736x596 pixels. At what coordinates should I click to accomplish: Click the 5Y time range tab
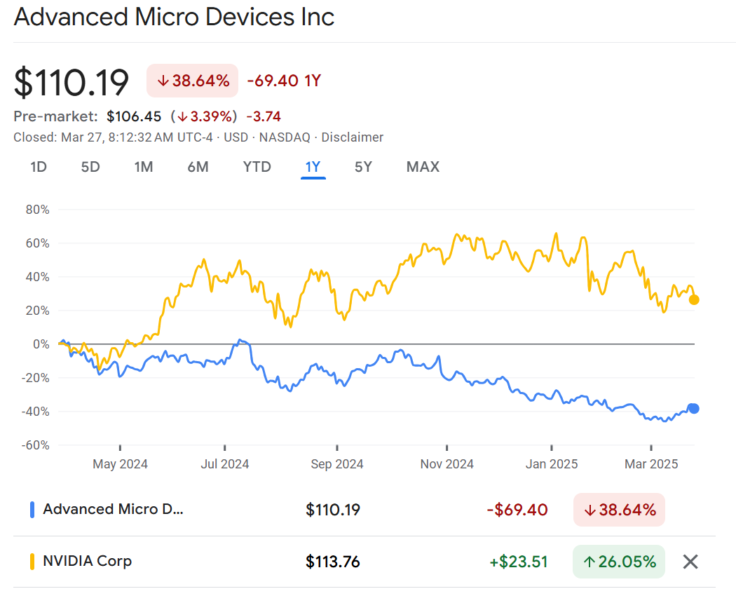click(362, 167)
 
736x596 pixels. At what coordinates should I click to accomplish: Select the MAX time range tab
click(423, 167)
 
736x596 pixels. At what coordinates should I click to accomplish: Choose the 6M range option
click(198, 167)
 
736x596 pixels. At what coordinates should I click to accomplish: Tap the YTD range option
click(257, 167)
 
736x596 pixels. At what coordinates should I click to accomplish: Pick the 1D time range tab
click(39, 167)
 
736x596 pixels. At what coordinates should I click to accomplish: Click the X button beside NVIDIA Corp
click(690, 561)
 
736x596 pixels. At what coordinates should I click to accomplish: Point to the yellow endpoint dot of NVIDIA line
click(694, 300)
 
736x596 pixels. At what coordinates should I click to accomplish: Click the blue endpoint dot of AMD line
click(694, 409)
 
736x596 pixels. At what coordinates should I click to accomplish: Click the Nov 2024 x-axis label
click(447, 464)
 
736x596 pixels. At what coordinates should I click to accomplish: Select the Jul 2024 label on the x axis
click(224, 464)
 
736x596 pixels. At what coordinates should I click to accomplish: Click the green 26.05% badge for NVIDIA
click(619, 561)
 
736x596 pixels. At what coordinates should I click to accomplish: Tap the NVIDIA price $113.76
click(333, 562)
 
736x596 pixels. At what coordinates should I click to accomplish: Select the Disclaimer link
click(352, 137)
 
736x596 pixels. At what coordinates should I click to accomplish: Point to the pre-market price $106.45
click(134, 116)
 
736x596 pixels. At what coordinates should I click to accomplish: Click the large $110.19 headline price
click(71, 83)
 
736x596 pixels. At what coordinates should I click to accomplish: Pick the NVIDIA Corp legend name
click(87, 561)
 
